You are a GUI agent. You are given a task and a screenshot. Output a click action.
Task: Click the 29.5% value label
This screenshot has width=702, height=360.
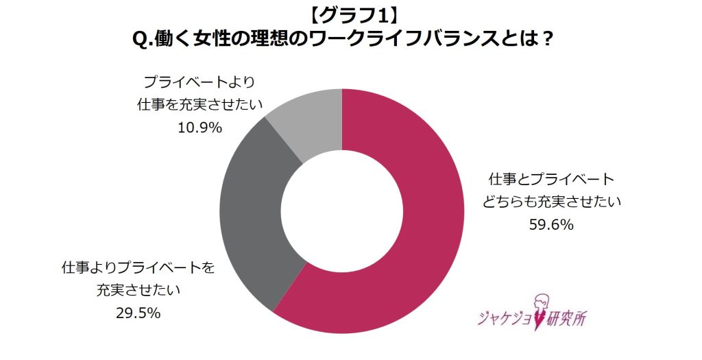tap(138, 313)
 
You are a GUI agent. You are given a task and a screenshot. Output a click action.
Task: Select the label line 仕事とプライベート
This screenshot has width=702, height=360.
tap(550, 180)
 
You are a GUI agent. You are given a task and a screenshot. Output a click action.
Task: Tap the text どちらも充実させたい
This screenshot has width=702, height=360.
tap(550, 202)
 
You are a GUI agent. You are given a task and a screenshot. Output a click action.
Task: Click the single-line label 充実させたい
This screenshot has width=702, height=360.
tap(138, 291)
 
